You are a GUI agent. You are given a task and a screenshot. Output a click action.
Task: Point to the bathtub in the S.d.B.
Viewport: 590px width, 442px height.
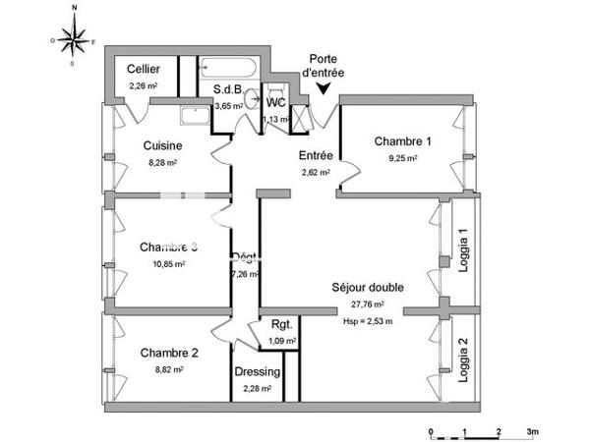pyautogui.click(x=228, y=70)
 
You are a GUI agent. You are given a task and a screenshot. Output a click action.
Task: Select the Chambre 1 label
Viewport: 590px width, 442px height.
pyautogui.click(x=403, y=141)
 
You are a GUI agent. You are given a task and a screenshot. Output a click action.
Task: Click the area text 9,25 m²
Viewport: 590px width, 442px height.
pyautogui.click(x=403, y=157)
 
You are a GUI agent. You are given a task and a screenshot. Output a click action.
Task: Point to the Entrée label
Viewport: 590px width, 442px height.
pyautogui.click(x=316, y=155)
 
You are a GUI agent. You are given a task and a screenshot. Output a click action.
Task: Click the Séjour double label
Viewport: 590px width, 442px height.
pyautogui.click(x=368, y=288)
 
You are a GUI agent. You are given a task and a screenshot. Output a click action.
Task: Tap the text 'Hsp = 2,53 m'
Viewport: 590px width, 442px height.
pyautogui.click(x=368, y=320)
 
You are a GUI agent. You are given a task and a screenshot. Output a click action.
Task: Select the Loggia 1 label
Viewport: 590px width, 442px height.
pyautogui.click(x=463, y=251)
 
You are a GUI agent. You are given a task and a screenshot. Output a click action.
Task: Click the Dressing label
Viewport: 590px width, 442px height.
pyautogui.click(x=258, y=372)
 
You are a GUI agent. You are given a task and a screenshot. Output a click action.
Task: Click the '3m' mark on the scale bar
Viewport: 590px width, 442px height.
pyautogui.click(x=533, y=432)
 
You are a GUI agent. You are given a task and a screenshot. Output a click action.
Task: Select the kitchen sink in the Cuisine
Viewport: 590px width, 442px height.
pyautogui.click(x=195, y=112)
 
